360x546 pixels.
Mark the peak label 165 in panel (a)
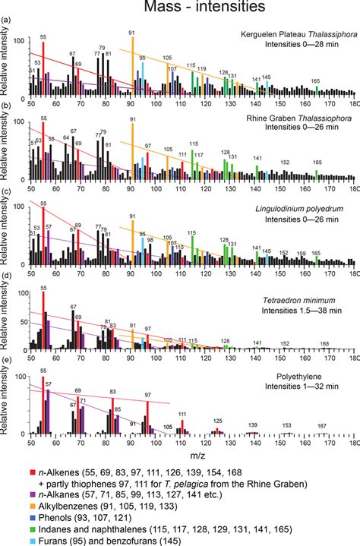[316, 80]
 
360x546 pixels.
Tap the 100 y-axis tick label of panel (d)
[23, 292]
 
